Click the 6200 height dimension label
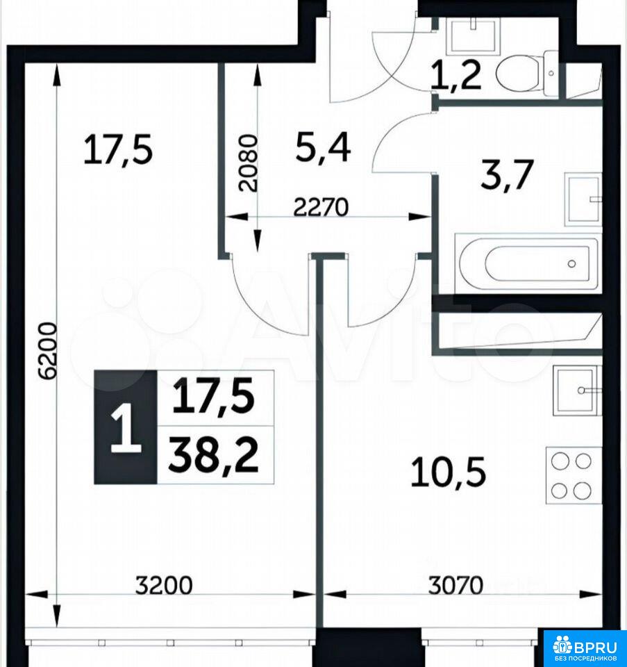[47, 352]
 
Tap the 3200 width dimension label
[164, 585]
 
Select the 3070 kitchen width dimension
[455, 585]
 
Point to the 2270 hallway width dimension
[321, 207]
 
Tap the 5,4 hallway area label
[323, 147]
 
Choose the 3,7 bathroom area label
[507, 174]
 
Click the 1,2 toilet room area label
[456, 75]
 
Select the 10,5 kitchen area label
[448, 472]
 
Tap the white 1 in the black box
[126, 427]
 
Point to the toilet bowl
[527, 73]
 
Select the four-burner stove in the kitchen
[574, 475]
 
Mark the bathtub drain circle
[571, 264]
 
